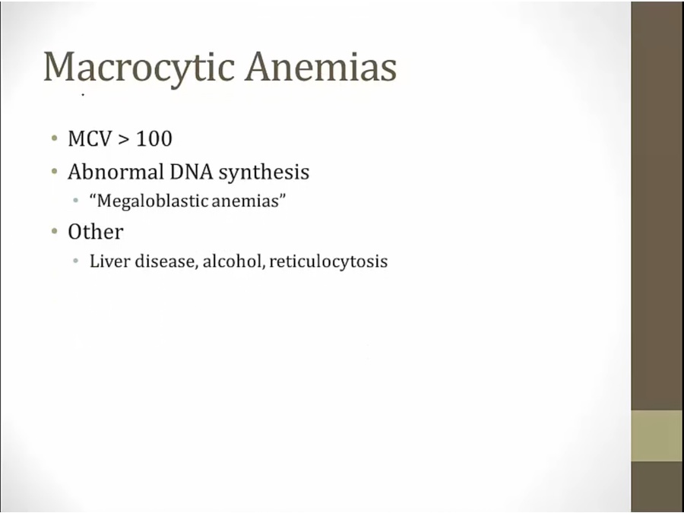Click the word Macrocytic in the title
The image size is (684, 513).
139,67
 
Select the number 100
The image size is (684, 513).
154,139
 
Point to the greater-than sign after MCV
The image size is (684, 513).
124,140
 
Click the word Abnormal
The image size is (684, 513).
116,172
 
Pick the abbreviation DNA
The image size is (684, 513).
191,172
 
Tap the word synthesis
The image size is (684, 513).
264,173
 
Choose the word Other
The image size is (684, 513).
96,231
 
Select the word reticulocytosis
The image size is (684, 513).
328,261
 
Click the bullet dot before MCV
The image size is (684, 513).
54,139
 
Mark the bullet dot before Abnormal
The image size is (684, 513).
54,172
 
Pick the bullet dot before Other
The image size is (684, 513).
54,232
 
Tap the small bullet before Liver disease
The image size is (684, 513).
76,261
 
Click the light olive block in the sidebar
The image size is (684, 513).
657,435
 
